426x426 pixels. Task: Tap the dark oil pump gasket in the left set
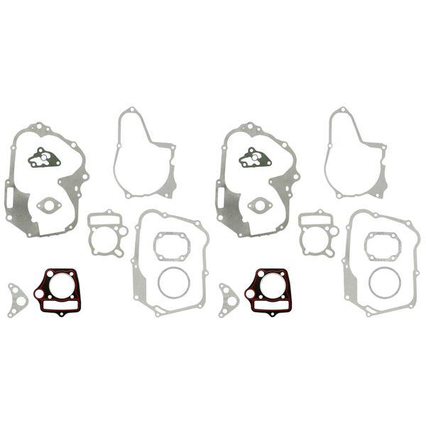pyautogui.click(x=45, y=158)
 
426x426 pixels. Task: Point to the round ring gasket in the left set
pyautogui.click(x=173, y=282)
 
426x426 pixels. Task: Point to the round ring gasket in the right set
pyautogui.click(x=383, y=282)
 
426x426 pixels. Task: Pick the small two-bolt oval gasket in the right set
pyautogui.click(x=261, y=206)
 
